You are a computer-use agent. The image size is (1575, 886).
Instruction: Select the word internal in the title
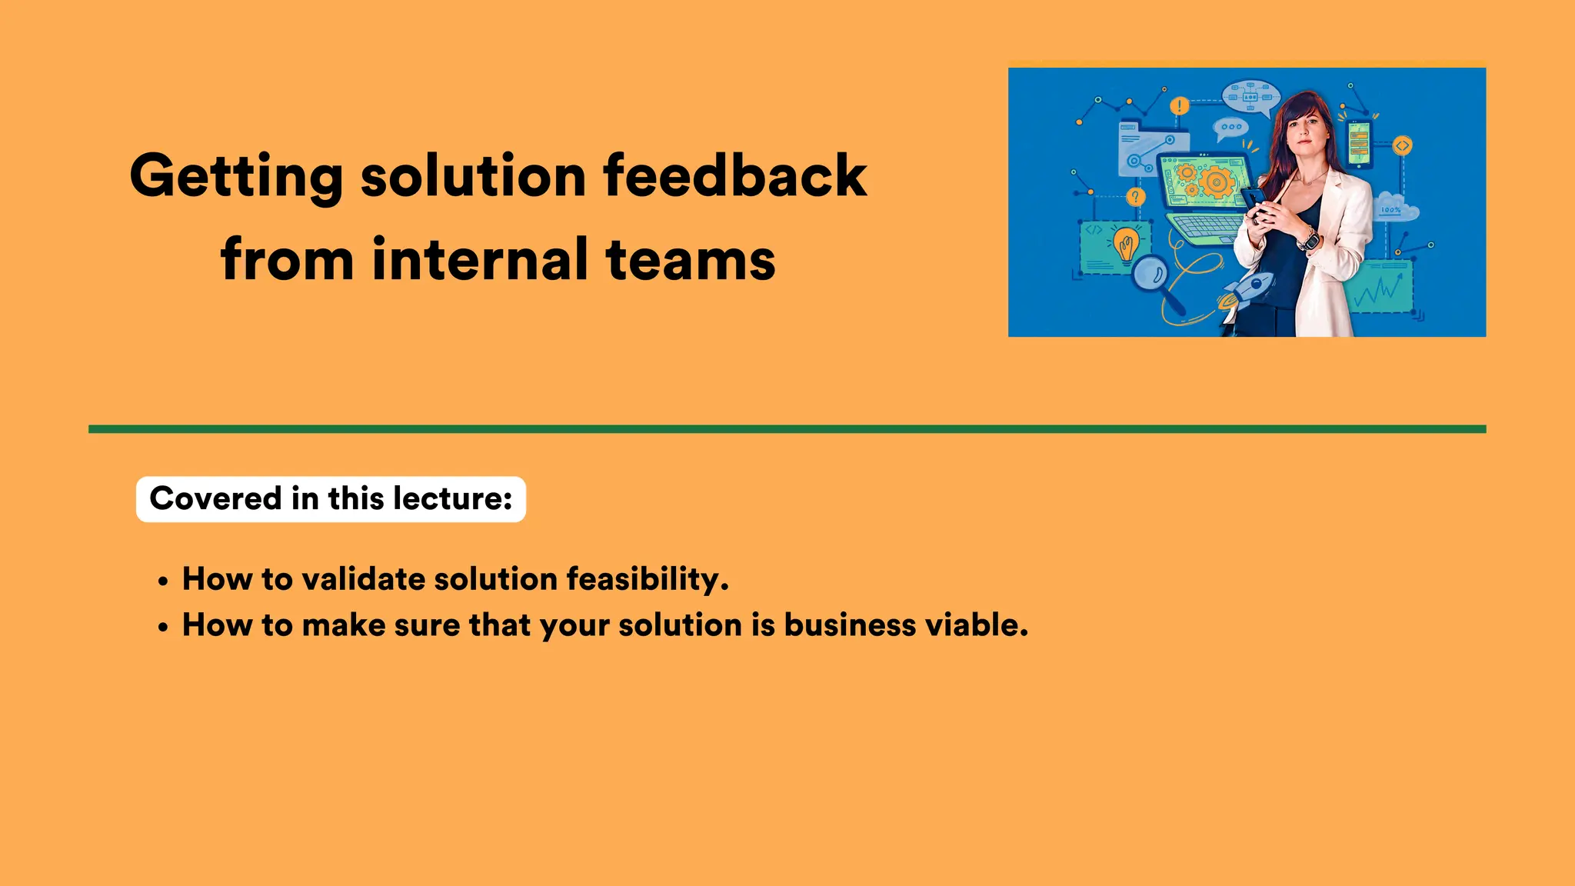pos(480,259)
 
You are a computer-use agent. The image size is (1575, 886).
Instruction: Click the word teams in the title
pos(690,259)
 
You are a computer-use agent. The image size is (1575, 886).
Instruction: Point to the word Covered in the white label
pos(215,498)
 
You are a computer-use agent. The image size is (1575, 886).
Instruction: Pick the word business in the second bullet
pos(850,625)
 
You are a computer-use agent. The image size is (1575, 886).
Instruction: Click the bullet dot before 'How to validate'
pos(162,582)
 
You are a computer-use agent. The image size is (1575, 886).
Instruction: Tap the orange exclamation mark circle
pos(1179,106)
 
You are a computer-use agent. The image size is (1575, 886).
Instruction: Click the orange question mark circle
pos(1135,197)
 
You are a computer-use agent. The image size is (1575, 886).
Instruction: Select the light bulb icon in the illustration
pos(1125,245)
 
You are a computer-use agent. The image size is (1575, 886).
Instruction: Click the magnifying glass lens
pos(1150,272)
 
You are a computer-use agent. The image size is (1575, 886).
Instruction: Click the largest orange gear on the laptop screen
pos(1216,182)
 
